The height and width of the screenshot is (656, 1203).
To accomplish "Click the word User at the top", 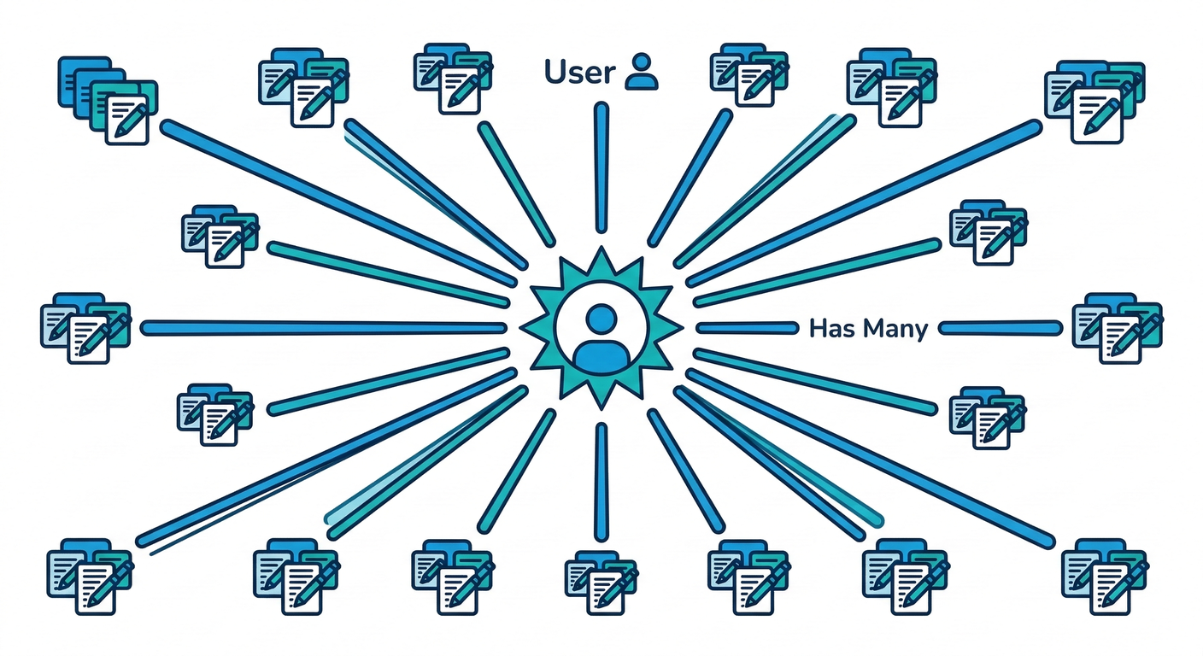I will click(579, 73).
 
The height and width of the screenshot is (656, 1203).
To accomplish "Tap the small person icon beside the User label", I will click(642, 72).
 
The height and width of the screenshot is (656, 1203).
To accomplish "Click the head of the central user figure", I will click(601, 319).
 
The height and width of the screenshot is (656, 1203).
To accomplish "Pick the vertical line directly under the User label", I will click(601, 167).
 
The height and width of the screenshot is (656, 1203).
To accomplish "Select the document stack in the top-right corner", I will click(1094, 99).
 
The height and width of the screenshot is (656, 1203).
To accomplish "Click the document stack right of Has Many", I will click(1117, 327).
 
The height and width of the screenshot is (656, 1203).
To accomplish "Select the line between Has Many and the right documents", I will click(1001, 327).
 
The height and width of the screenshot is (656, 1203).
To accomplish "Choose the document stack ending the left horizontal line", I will click(85, 327).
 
